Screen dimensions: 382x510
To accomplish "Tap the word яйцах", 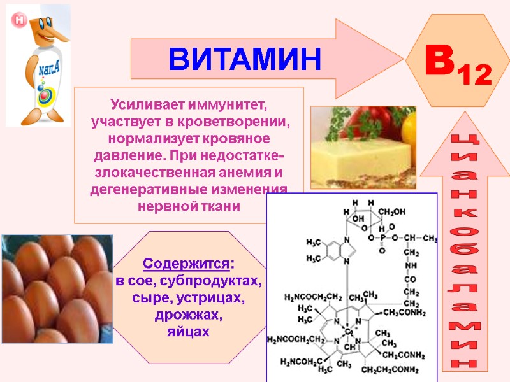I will point(189,332).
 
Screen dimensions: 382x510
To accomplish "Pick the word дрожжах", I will point(189,315).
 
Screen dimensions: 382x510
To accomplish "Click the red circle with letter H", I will point(19,20).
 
